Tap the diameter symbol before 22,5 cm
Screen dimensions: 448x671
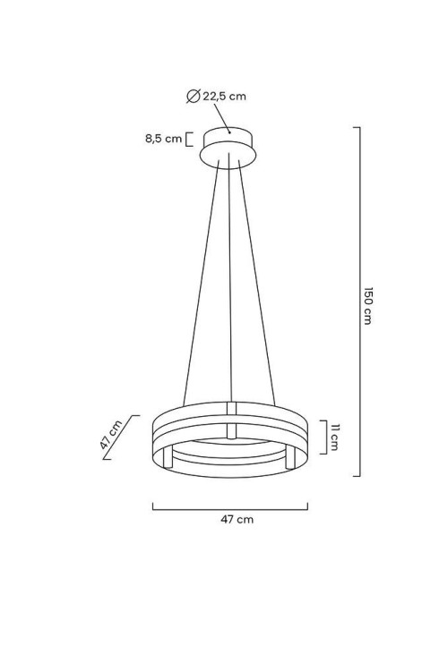[194, 96]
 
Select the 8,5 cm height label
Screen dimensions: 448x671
[163, 138]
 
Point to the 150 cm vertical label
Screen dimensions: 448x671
[367, 306]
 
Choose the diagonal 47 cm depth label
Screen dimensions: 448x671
[111, 435]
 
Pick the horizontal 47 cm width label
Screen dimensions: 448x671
[237, 520]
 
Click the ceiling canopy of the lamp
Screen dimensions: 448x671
[228, 148]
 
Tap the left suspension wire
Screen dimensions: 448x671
[201, 284]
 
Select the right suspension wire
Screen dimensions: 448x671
[257, 284]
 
